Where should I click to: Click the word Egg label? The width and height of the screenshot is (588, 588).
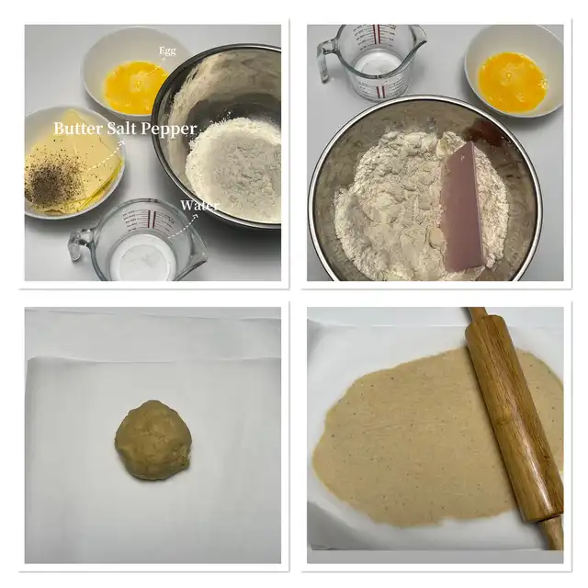(x=167, y=51)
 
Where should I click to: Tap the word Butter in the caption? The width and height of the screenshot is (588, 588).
(x=77, y=129)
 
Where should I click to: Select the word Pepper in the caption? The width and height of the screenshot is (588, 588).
(x=171, y=130)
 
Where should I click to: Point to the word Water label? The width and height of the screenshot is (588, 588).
(x=199, y=205)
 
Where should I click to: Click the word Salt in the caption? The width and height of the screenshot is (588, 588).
(x=123, y=129)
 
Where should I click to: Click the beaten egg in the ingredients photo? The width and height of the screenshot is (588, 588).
(x=134, y=87)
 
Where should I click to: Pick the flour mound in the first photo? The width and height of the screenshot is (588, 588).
(x=233, y=169)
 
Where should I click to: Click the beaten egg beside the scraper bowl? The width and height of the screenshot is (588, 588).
(x=512, y=83)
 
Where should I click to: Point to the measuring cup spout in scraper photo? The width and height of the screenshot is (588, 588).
(x=419, y=37)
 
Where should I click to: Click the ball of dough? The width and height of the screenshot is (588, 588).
(x=153, y=440)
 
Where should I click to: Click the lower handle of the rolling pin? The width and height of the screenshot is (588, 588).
(x=553, y=533)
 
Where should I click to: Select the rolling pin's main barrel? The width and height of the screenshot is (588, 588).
(x=514, y=417)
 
